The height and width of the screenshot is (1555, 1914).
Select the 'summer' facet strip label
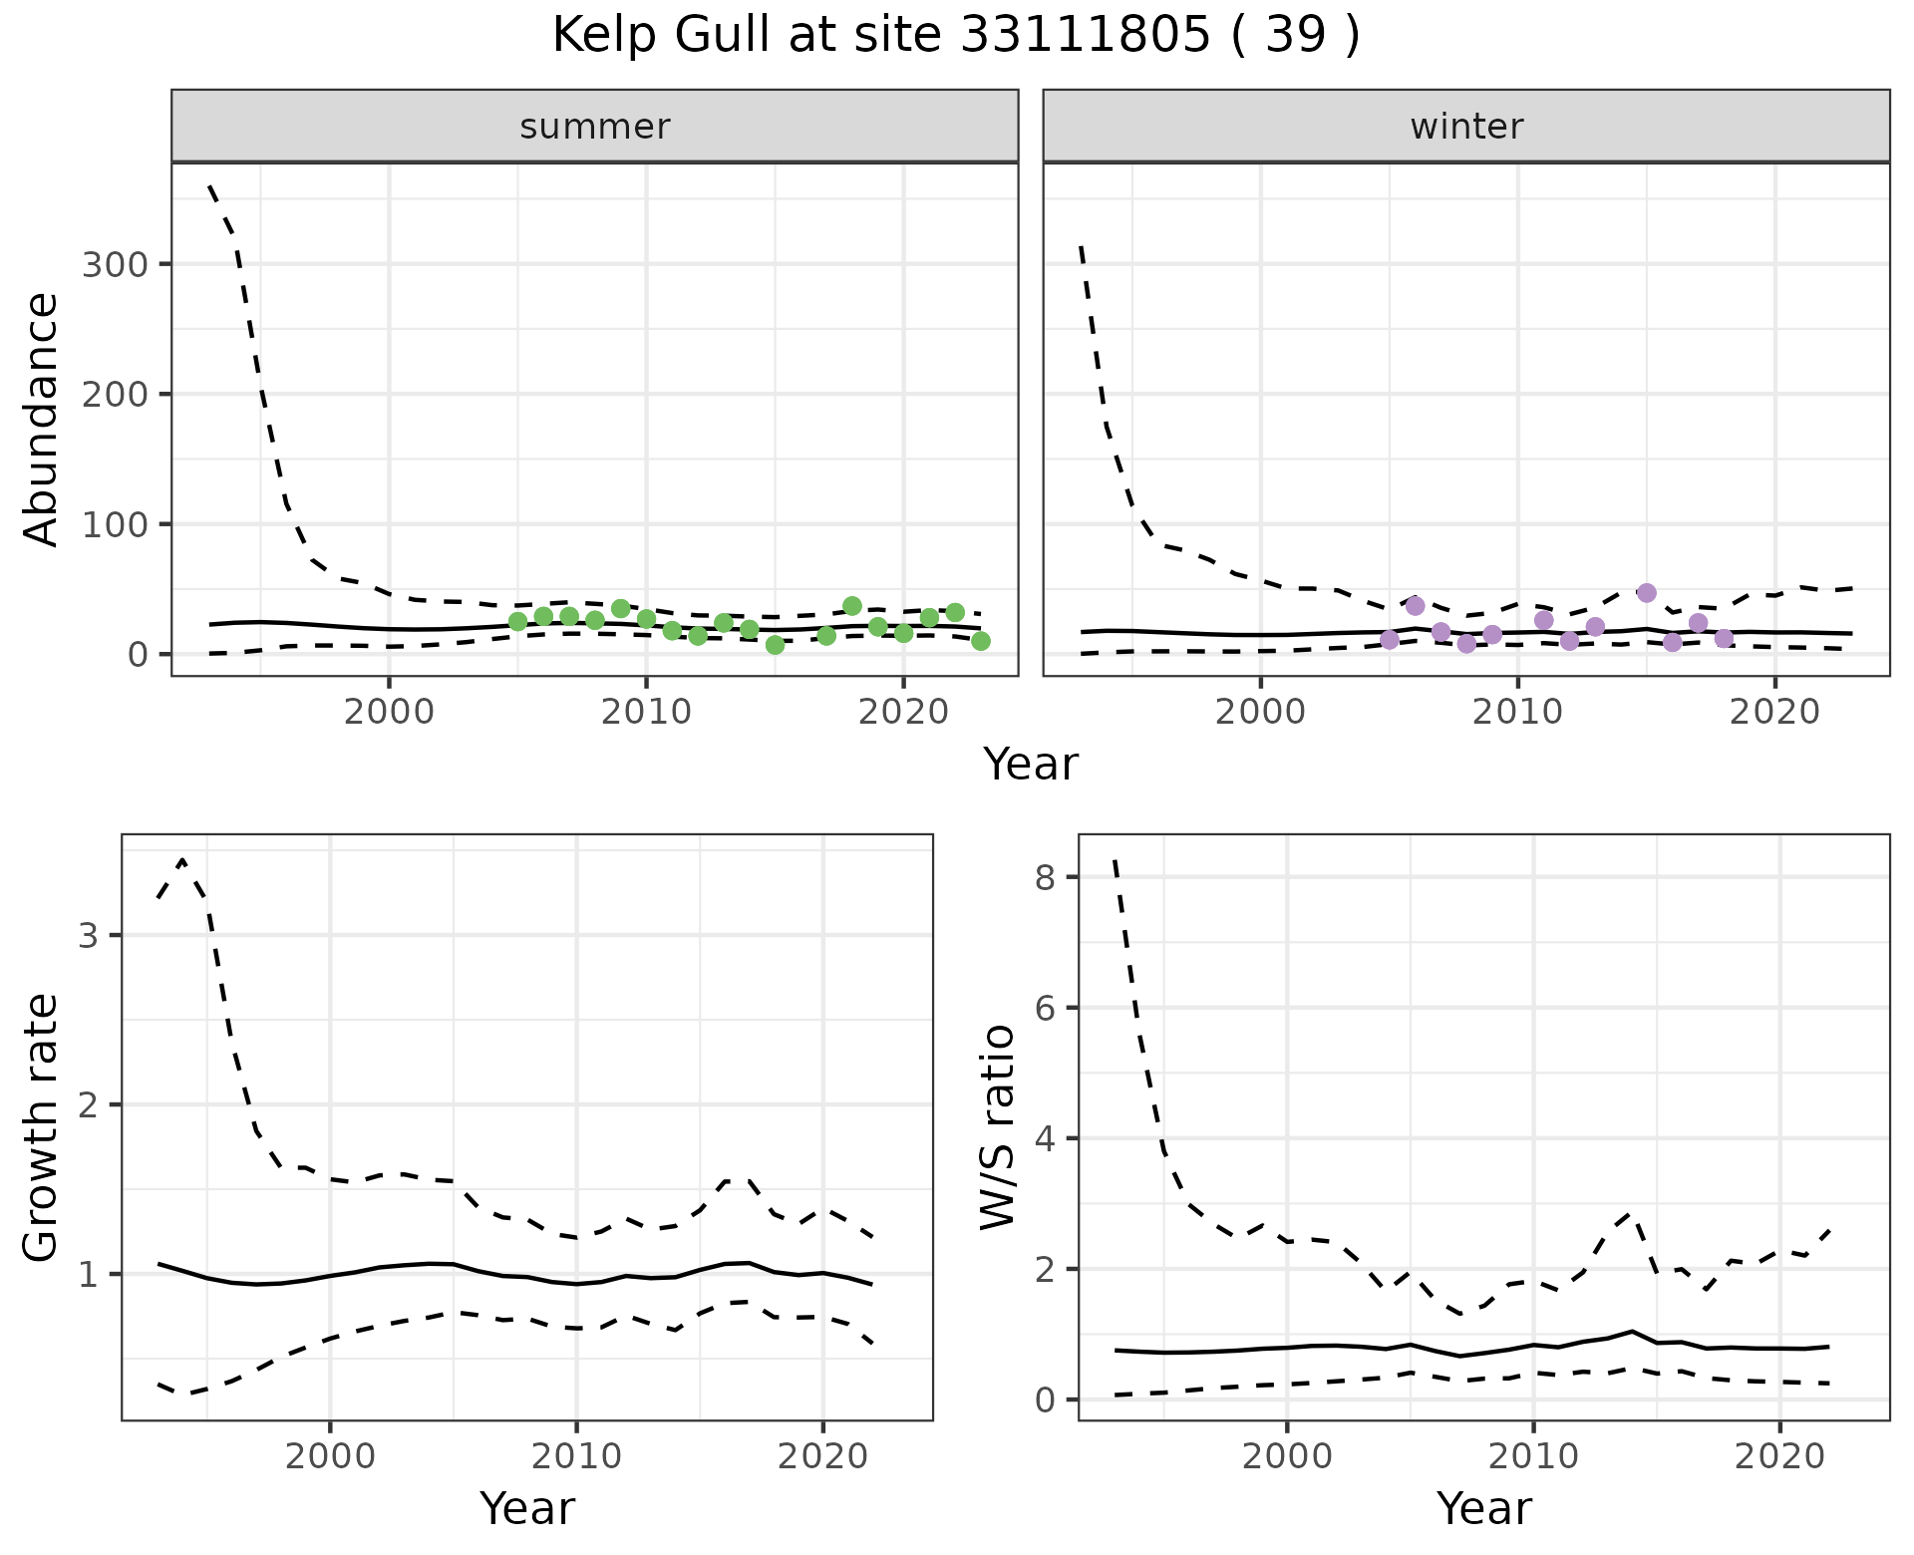pyautogui.click(x=595, y=127)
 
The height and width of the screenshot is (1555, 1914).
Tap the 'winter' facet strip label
pyautogui.click(x=1466, y=127)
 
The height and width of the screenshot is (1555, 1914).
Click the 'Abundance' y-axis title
pyautogui.click(x=42, y=419)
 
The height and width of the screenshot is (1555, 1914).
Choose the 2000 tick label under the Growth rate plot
pyautogui.click(x=330, y=1456)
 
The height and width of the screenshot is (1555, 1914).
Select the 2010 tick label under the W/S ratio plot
pyautogui.click(x=1533, y=1456)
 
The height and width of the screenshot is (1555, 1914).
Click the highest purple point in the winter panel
pyautogui.click(x=1646, y=593)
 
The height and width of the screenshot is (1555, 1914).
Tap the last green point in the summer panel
pyautogui.click(x=981, y=641)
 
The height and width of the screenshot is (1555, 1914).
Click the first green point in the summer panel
pyautogui.click(x=517, y=622)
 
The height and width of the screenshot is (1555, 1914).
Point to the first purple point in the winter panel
pyautogui.click(x=1390, y=639)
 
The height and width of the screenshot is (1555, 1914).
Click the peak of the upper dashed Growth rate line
pyautogui.click(x=182, y=860)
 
